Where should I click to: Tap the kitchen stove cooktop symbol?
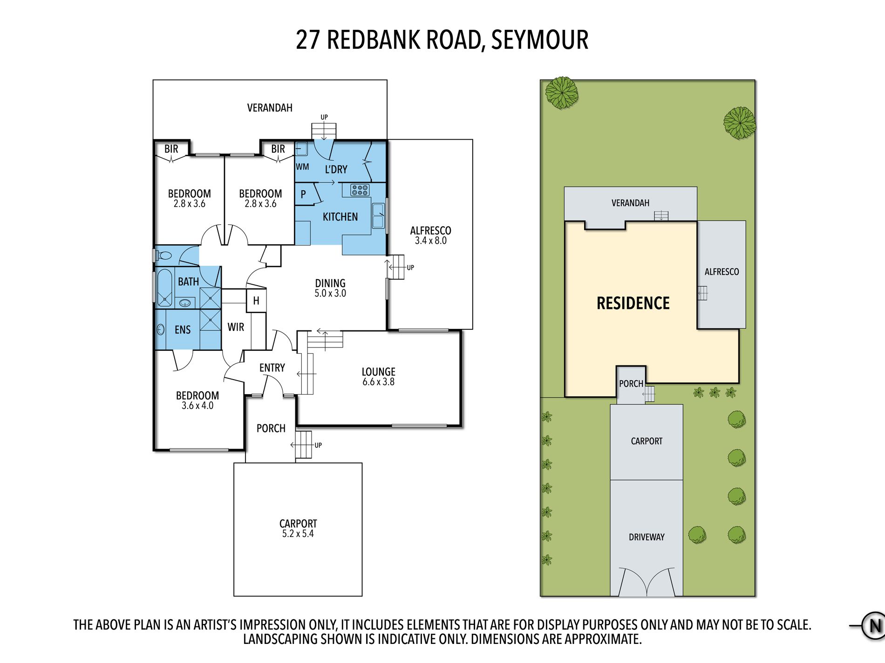click(360, 190)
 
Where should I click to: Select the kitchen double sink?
click(378, 216)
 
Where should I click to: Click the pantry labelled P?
click(303, 194)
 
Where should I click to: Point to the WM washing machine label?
click(302, 167)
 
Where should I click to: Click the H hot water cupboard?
click(256, 301)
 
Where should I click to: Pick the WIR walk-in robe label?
click(236, 327)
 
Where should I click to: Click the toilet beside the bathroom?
click(164, 255)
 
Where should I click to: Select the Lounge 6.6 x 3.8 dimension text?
click(378, 382)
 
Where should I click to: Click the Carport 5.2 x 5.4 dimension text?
click(298, 534)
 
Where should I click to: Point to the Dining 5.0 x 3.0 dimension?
click(330, 294)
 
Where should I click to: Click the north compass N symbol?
click(874, 626)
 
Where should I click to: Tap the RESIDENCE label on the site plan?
click(633, 303)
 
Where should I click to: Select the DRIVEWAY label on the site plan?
click(647, 537)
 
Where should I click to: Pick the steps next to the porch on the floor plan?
click(303, 445)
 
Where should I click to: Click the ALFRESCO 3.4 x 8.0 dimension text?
click(430, 241)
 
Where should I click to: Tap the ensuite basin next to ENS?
click(161, 329)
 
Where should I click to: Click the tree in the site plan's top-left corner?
click(561, 93)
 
